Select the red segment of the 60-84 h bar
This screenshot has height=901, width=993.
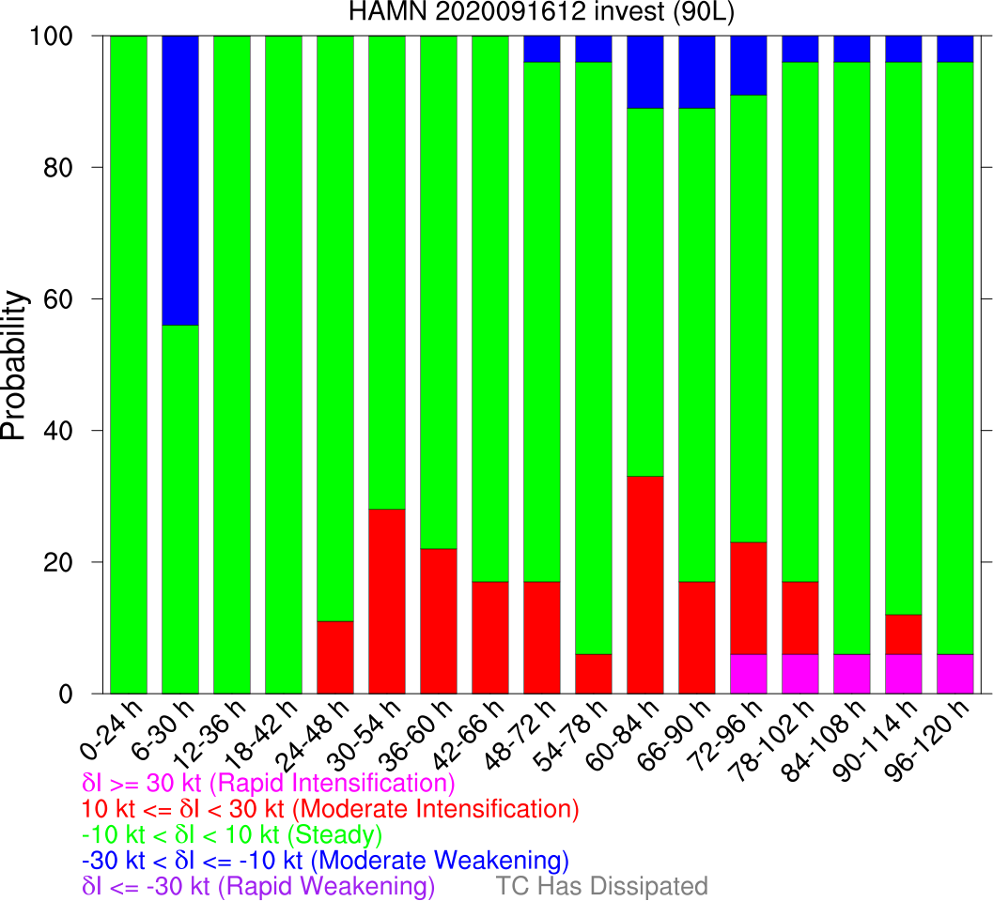click(x=644, y=585)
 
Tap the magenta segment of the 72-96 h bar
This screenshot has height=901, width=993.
click(x=748, y=674)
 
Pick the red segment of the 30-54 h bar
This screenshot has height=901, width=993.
click(x=387, y=601)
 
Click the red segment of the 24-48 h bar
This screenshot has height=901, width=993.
click(x=335, y=657)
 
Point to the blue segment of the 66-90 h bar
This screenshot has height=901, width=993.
click(x=696, y=72)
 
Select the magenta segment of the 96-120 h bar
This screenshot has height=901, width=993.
click(x=954, y=674)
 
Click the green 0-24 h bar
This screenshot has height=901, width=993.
click(x=129, y=364)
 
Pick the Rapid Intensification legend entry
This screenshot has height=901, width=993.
click(x=269, y=784)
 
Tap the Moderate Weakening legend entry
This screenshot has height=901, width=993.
click(x=325, y=860)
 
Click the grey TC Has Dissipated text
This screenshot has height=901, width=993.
click(x=601, y=886)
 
